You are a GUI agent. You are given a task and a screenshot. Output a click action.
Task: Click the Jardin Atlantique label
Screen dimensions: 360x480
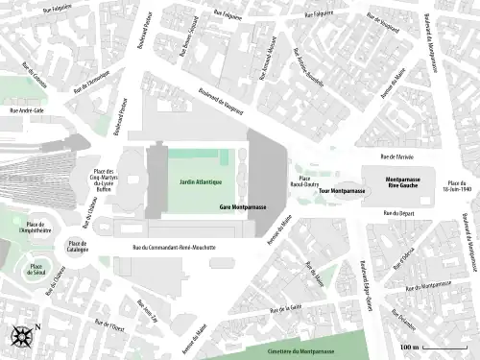[200, 182]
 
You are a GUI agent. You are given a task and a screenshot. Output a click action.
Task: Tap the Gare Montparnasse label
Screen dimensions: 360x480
[244, 207]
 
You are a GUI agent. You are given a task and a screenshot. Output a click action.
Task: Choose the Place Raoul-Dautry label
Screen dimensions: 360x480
[305, 182]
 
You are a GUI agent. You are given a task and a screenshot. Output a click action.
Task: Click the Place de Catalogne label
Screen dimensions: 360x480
[77, 247]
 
